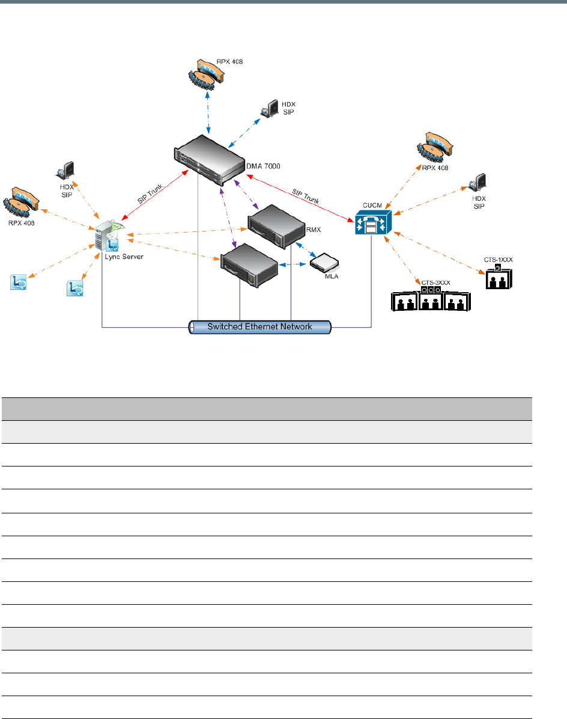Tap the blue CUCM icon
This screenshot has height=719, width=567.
(x=373, y=222)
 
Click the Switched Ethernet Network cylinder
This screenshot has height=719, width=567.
(x=260, y=327)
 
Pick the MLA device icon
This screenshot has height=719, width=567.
(x=324, y=263)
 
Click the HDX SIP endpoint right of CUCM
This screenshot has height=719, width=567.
(x=479, y=182)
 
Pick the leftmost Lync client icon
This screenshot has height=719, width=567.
(x=18, y=282)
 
